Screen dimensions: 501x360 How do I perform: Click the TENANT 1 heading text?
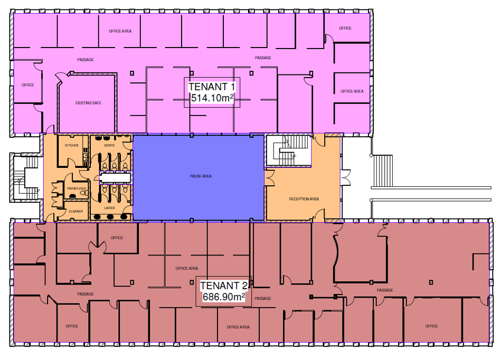212,87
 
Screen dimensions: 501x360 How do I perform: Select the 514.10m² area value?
212,98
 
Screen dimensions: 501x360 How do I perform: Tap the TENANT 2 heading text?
224,285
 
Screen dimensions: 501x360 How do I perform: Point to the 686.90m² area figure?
224,297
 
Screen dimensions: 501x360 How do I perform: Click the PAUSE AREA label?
201,176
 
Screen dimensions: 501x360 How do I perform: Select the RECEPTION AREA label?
304,199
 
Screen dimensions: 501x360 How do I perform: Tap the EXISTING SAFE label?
88,103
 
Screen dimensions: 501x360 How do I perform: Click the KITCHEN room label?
72,145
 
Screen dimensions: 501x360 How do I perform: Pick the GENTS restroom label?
109,145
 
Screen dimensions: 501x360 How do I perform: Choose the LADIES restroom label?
109,208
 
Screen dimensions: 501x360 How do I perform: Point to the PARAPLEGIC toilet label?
77,188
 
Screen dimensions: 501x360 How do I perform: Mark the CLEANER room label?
75,212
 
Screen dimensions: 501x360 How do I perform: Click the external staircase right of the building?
383,171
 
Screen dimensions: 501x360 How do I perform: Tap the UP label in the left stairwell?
37,191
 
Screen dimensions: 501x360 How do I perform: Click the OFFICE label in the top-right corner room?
345,28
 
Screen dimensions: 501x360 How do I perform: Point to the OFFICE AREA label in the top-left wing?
120,31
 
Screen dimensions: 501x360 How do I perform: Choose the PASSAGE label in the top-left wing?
86,60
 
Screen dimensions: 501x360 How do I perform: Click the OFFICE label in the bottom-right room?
431,326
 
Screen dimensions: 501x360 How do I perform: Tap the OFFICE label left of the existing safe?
28,85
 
